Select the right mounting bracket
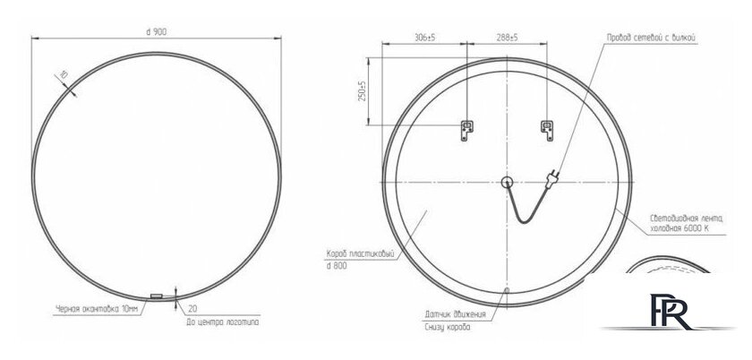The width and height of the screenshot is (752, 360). coord(545,129)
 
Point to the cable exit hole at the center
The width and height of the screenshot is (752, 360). coord(506,183)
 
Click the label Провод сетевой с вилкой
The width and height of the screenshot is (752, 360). coord(652,38)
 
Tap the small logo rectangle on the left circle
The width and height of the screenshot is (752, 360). coord(156,296)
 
